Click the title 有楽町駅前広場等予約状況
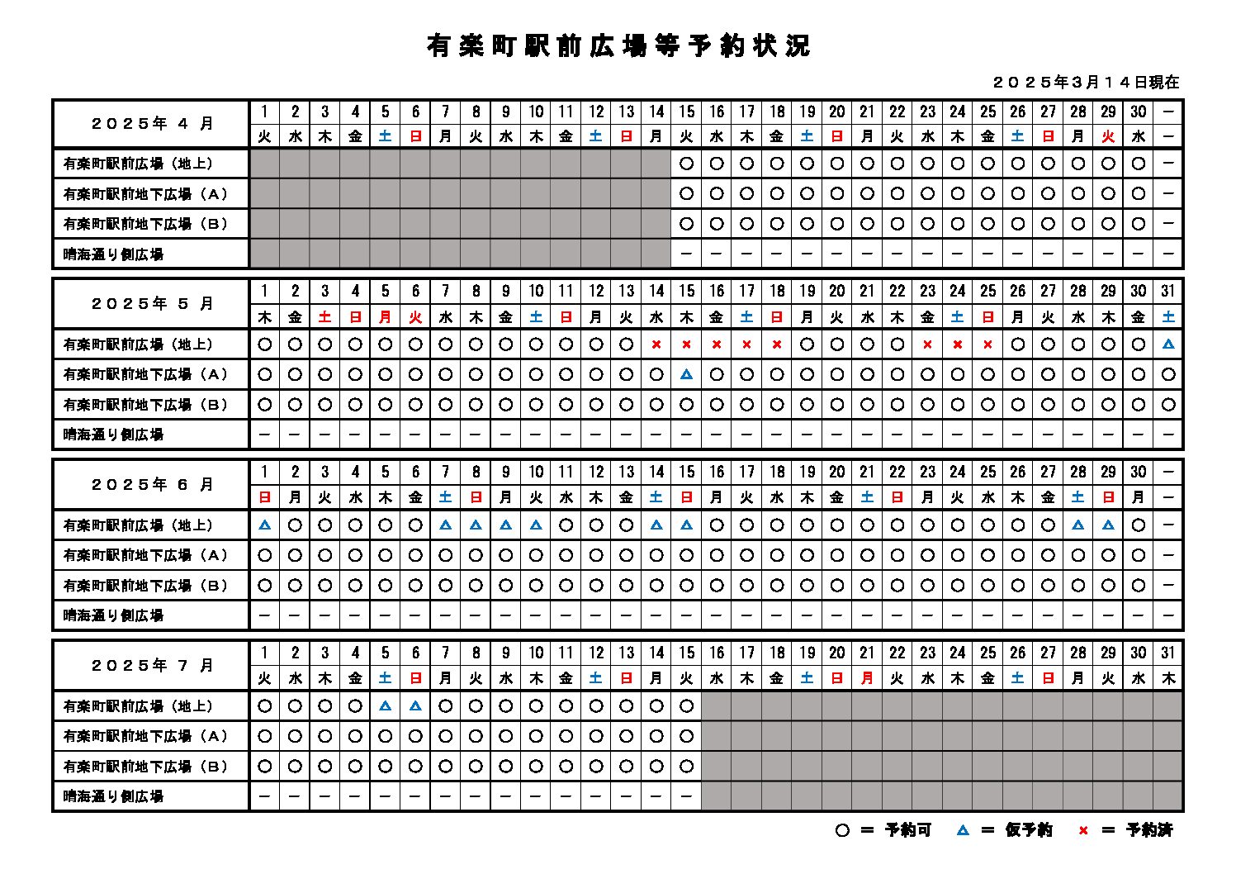pos(618,46)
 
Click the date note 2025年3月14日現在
pos(1086,83)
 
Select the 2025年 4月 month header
pos(152,124)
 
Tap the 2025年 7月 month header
pos(152,666)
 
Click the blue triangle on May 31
pos(1167,344)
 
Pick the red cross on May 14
pos(656,344)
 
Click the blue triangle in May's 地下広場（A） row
pos(686,374)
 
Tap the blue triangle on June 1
pos(265,525)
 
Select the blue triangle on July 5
pos(385,705)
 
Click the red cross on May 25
pos(987,344)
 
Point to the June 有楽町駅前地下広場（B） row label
pos(146,586)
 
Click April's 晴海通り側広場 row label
pos(114,254)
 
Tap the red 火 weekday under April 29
pos(1108,137)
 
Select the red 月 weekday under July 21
pos(867,679)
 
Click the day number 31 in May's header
pos(1167,291)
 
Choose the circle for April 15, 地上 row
pos(686,164)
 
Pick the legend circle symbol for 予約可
pos(841,830)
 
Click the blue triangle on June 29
pos(1108,525)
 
